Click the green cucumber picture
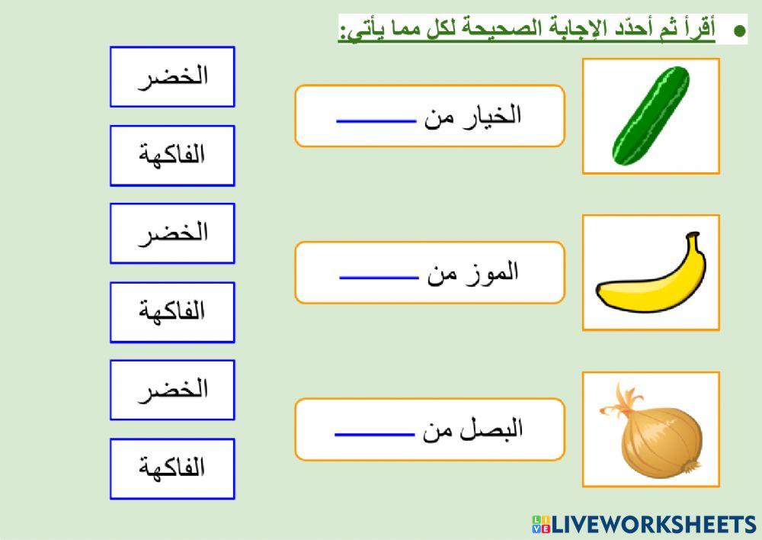651,116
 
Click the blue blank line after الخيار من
376,120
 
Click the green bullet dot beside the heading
738,31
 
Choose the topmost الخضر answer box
172,76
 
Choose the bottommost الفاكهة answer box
172,468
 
